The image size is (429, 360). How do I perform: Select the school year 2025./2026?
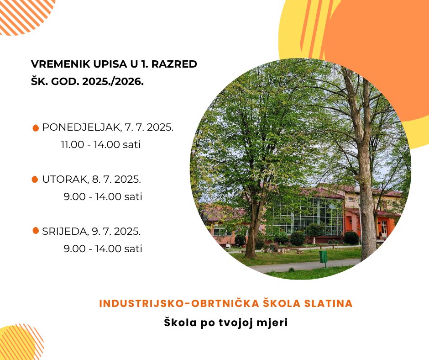(x=113, y=81)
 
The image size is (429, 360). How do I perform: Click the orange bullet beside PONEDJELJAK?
(x=36, y=128)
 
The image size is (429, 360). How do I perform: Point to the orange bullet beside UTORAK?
(x=35, y=180)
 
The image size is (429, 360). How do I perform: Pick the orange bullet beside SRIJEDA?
(x=36, y=231)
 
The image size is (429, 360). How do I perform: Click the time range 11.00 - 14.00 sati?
(x=101, y=144)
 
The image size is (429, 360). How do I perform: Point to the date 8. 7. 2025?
(x=116, y=180)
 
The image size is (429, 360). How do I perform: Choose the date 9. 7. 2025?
(x=116, y=232)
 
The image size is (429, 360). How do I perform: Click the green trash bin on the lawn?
(x=324, y=258)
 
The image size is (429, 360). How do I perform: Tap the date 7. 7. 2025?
(x=149, y=127)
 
